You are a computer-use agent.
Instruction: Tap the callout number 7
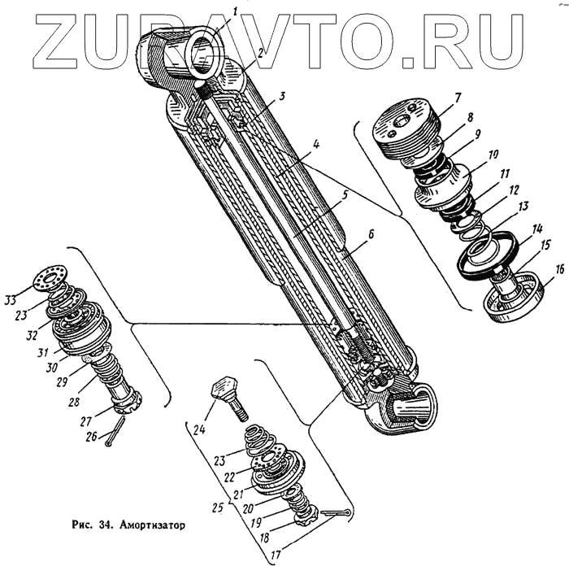click(x=458, y=98)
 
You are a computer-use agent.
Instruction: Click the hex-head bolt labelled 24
click(x=228, y=397)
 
